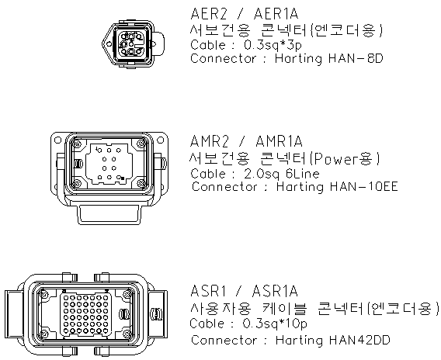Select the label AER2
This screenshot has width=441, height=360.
208,14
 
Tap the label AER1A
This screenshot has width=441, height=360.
276,14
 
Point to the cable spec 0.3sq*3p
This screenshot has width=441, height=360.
273,45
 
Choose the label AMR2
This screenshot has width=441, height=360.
210,141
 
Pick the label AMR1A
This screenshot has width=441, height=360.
279,141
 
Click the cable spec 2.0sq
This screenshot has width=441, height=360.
262,174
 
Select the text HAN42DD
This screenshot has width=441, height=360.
359,340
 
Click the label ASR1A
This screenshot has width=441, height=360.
275,291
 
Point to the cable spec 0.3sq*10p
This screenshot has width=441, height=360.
275,324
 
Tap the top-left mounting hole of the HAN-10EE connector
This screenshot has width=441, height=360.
57,140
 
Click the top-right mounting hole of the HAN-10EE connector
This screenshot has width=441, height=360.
160,140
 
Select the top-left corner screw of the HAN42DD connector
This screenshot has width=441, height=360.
43,294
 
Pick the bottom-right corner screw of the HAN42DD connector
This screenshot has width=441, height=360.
129,334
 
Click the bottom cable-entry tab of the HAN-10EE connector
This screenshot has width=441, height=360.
109,215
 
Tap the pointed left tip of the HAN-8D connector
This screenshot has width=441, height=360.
102,43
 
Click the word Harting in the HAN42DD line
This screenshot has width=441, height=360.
299,341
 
